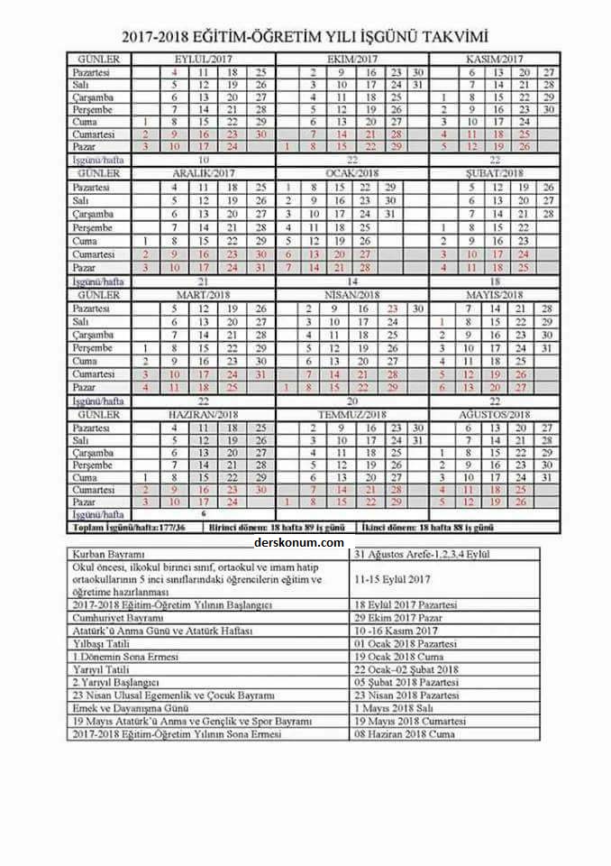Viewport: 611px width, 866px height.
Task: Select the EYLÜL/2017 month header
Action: tap(203, 59)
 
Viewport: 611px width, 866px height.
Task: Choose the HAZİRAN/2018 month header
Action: tap(203, 414)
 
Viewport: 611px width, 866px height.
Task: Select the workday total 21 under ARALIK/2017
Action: tap(203, 281)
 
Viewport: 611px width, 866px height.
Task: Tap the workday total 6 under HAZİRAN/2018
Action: tap(203, 512)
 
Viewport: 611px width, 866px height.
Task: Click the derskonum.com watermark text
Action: tap(299, 542)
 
